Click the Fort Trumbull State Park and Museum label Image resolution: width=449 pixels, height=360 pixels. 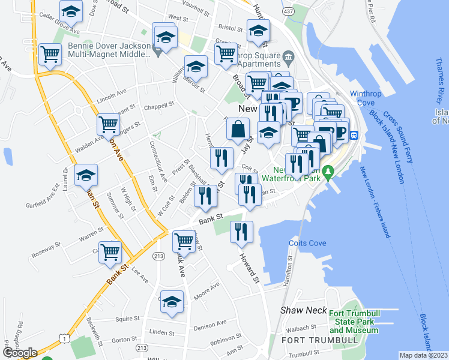(352, 322)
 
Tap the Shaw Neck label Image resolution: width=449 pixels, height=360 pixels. (304, 310)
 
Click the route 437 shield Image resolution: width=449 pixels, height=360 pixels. (289, 12)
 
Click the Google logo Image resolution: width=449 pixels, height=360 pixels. (19, 353)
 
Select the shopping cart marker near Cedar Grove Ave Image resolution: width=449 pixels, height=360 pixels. (50, 54)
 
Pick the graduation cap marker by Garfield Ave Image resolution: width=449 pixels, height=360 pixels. (86, 175)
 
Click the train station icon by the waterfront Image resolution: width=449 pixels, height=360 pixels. (354, 134)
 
